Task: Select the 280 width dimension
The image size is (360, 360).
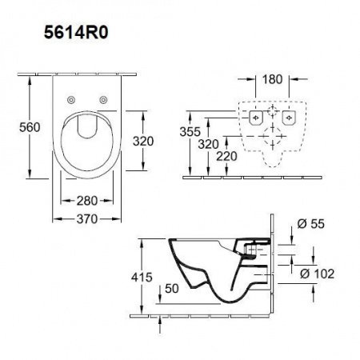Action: (x=88, y=201)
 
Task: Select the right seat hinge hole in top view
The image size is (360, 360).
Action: (x=105, y=99)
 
